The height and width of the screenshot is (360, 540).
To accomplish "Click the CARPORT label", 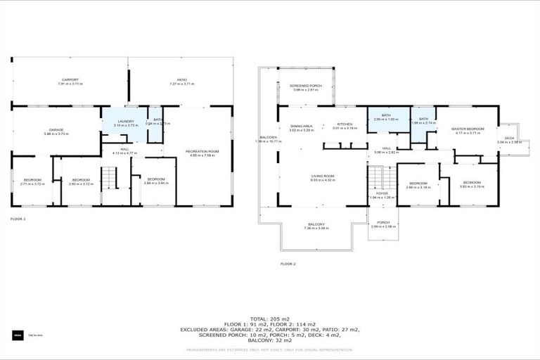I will [x=69, y=80].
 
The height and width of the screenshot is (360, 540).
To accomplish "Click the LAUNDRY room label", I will [x=125, y=122].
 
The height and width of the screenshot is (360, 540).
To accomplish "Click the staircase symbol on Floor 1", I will [x=109, y=179].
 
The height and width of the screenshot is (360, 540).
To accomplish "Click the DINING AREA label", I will [x=301, y=126].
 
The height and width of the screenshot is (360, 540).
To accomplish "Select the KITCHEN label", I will [x=345, y=126].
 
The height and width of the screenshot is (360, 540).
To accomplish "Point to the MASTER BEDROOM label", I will [x=467, y=129].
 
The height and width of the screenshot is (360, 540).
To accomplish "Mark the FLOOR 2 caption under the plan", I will [x=288, y=264].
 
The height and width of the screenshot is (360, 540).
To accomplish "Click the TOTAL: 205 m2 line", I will [x=270, y=319].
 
